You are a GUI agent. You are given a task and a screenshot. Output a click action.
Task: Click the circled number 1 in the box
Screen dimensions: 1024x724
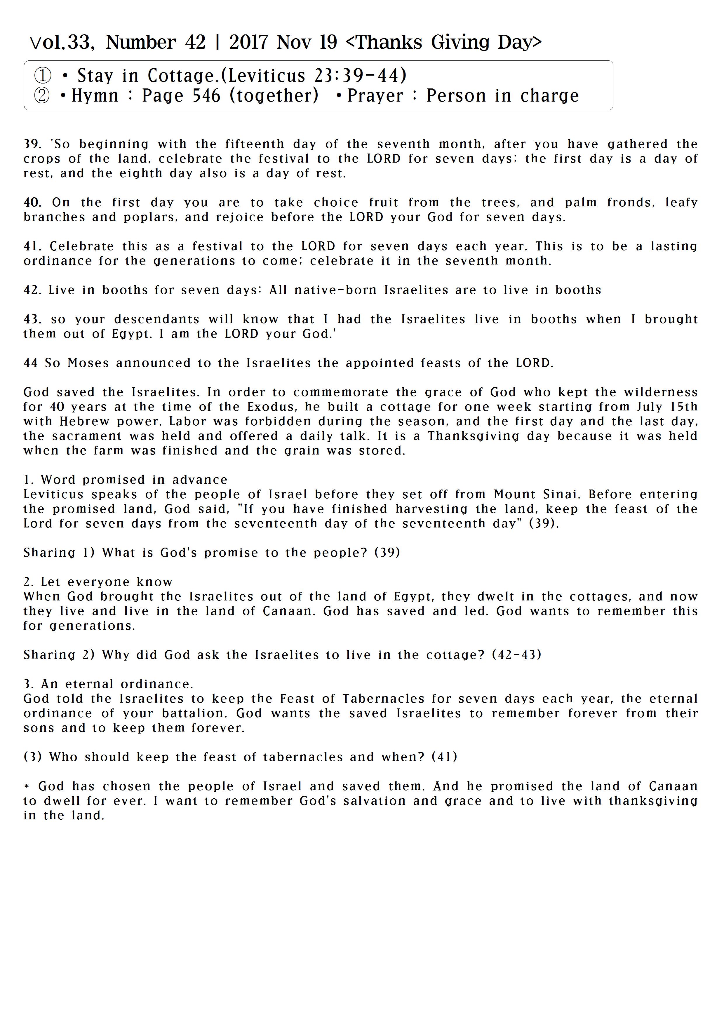point(43,76)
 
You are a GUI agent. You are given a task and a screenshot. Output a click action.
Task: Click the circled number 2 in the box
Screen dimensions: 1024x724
point(42,96)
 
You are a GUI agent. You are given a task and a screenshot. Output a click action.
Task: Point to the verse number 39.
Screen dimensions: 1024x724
point(32,144)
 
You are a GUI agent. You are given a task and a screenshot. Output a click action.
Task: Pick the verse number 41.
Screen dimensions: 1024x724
point(32,246)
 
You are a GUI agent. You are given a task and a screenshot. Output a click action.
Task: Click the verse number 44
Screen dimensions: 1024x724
point(30,363)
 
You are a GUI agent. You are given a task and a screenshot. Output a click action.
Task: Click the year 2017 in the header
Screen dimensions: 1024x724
point(248,42)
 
